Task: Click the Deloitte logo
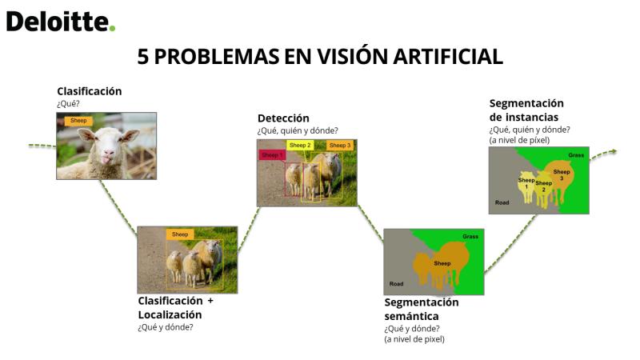click(61, 22)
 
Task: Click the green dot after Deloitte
click(112, 28)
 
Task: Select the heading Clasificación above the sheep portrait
click(90, 91)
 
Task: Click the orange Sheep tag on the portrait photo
click(78, 121)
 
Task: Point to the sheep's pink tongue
click(107, 158)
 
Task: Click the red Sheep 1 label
click(272, 155)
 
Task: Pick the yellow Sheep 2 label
click(300, 146)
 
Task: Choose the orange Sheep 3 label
click(340, 146)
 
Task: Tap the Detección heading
click(283, 118)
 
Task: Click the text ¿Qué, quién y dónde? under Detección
click(298, 130)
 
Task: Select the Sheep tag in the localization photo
click(180, 234)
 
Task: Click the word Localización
click(170, 314)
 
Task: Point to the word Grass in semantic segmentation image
click(470, 237)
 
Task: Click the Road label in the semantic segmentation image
click(396, 284)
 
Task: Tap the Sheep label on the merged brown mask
click(442, 263)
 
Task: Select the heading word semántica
click(411, 316)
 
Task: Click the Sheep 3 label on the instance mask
click(562, 174)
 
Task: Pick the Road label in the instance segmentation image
click(502, 202)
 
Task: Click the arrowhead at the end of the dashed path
click(613, 152)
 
